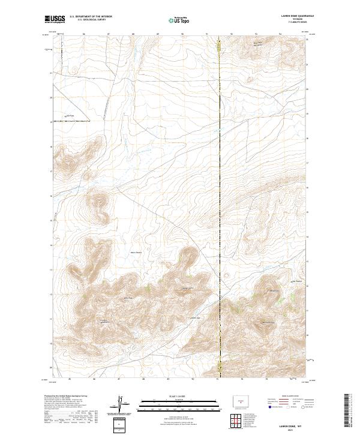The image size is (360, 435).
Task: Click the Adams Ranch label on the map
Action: pyautogui.click(x=137, y=253)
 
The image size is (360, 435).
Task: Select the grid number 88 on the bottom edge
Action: pyautogui.click(x=143, y=379)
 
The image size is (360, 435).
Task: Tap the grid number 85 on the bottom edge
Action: pyautogui.click(x=70, y=379)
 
